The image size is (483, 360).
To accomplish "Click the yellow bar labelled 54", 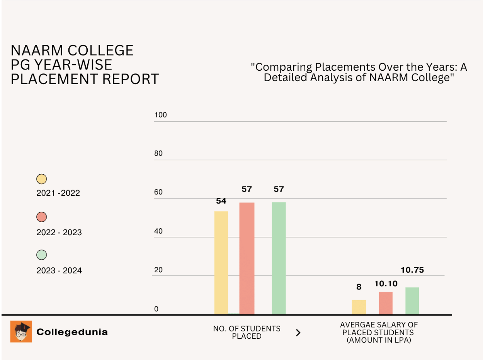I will pos(221,263).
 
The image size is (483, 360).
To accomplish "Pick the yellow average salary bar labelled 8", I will pos(359,307).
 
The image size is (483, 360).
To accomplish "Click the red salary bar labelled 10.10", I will pos(386,303).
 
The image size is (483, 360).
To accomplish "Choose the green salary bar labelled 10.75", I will pos(412,301).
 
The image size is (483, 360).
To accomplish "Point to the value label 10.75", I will pos(412,270).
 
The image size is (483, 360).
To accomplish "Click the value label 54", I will pos(221,201).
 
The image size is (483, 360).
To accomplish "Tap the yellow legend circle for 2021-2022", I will pos(41,179).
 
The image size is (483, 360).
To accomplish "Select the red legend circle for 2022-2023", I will pos(41,217).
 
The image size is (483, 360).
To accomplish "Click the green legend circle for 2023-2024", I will pos(41,255).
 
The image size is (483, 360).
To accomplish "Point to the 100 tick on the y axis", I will pos(160,115).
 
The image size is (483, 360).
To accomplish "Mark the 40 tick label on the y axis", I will pos(158,231).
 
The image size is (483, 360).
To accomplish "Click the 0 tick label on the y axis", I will pos(156,309).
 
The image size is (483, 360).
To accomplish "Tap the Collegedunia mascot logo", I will pos(21,331).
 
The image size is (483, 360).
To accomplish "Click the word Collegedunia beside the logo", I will pos(72,332).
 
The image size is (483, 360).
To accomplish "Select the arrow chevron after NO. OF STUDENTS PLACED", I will pos(298,333).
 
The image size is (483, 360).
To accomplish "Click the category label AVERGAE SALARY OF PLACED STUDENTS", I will pos(379,332).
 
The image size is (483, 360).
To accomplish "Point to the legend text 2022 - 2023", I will pos(59,233).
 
